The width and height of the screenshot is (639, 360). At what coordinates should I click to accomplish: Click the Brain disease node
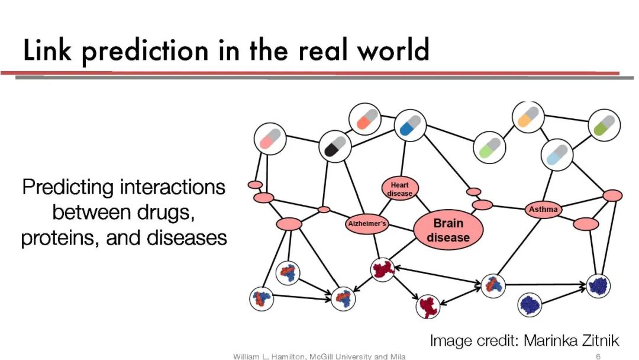[448, 230]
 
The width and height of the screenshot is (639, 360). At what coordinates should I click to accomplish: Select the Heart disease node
[400, 188]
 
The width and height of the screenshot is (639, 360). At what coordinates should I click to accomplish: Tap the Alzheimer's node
[367, 224]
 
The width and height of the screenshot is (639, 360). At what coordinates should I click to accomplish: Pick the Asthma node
[543, 210]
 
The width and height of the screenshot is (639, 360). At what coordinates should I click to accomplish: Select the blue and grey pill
[410, 125]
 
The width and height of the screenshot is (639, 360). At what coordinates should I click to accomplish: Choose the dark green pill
[605, 126]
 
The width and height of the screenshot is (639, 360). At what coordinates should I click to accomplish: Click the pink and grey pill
[270, 139]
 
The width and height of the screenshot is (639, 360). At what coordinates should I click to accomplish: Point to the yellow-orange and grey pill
[528, 117]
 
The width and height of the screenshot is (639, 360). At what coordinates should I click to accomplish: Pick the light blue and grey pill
[557, 154]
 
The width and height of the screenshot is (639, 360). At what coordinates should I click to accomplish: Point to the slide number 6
[598, 356]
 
